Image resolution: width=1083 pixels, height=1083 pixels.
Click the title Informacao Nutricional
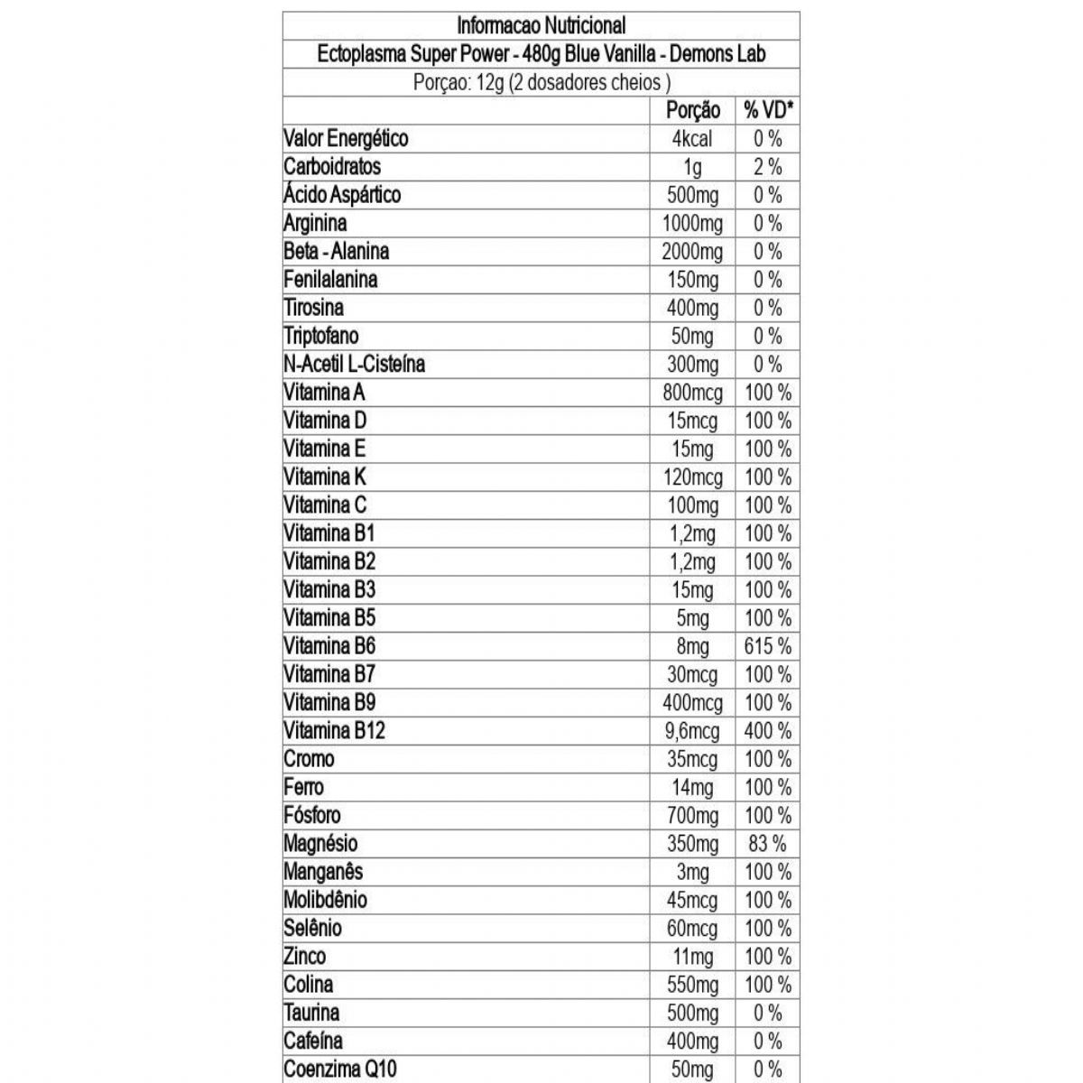pyautogui.click(x=541, y=25)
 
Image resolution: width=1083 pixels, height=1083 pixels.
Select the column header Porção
pyautogui.click(x=692, y=110)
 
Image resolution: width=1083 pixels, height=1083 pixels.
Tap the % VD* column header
pyautogui.click(x=768, y=110)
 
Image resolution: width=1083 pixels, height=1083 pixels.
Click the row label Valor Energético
pyautogui.click(x=346, y=138)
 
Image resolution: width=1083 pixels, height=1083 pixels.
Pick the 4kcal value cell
pyautogui.click(x=692, y=138)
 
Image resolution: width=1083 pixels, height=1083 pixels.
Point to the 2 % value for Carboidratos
pyautogui.click(x=768, y=167)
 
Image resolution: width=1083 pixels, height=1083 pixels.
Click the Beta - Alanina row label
pyautogui.click(x=336, y=251)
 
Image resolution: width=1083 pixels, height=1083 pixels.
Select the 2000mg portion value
pyautogui.click(x=692, y=252)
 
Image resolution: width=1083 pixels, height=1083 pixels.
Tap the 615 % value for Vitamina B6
pyautogui.click(x=768, y=646)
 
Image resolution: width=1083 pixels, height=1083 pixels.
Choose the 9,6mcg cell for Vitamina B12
pyautogui.click(x=692, y=731)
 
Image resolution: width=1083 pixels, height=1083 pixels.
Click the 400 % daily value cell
pyautogui.click(x=768, y=731)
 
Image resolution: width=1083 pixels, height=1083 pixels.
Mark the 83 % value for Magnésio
pyautogui.click(x=768, y=844)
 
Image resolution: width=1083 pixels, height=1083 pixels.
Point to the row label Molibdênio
pyautogui.click(x=325, y=900)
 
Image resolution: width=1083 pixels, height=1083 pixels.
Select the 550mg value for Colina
pyautogui.click(x=692, y=985)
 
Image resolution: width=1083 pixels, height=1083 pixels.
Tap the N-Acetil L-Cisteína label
pyautogui.click(x=354, y=364)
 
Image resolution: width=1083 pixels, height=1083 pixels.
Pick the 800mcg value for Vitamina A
pyautogui.click(x=692, y=393)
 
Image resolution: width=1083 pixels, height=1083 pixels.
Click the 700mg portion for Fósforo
pyautogui.click(x=692, y=816)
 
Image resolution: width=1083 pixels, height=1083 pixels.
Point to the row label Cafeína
pyautogui.click(x=313, y=1041)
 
